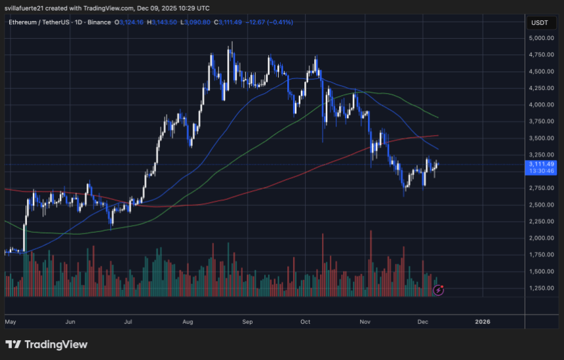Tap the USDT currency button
540,22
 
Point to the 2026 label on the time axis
482,322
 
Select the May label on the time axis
10,322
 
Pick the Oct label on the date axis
304,322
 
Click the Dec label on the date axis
423,322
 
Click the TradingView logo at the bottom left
46,344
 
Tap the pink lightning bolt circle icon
439,289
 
